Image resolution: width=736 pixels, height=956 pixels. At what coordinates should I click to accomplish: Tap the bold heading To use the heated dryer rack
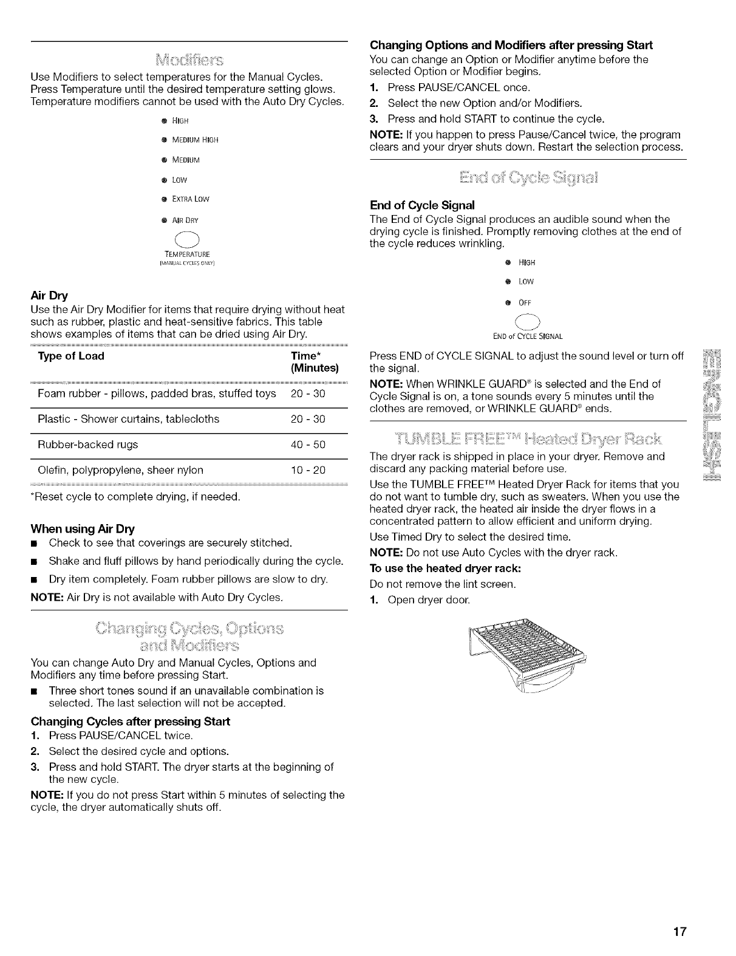pyautogui.click(x=446, y=568)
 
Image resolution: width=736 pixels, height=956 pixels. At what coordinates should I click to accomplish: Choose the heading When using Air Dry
pyautogui.click(x=83, y=528)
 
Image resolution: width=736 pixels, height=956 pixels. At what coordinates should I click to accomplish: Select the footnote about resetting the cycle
pyautogui.click(x=135, y=497)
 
